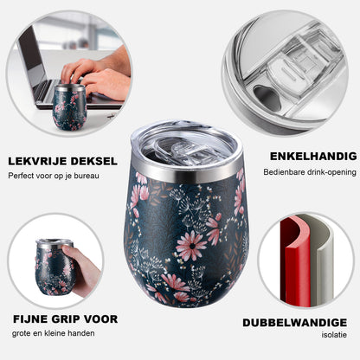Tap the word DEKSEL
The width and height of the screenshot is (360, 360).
coord(94,161)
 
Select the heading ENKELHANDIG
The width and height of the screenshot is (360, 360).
coord(313,157)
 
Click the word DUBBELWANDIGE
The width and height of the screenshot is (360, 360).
coord(294,323)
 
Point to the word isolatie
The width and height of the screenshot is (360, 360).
coord(334,335)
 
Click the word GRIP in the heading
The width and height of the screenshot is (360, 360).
coord(66,319)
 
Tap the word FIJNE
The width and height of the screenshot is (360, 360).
coord(30,319)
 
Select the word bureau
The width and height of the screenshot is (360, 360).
coord(87,176)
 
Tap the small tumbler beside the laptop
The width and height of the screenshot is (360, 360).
coord(69,106)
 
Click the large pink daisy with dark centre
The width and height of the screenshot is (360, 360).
coord(191,245)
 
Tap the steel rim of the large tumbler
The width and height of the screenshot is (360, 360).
coord(186,170)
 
